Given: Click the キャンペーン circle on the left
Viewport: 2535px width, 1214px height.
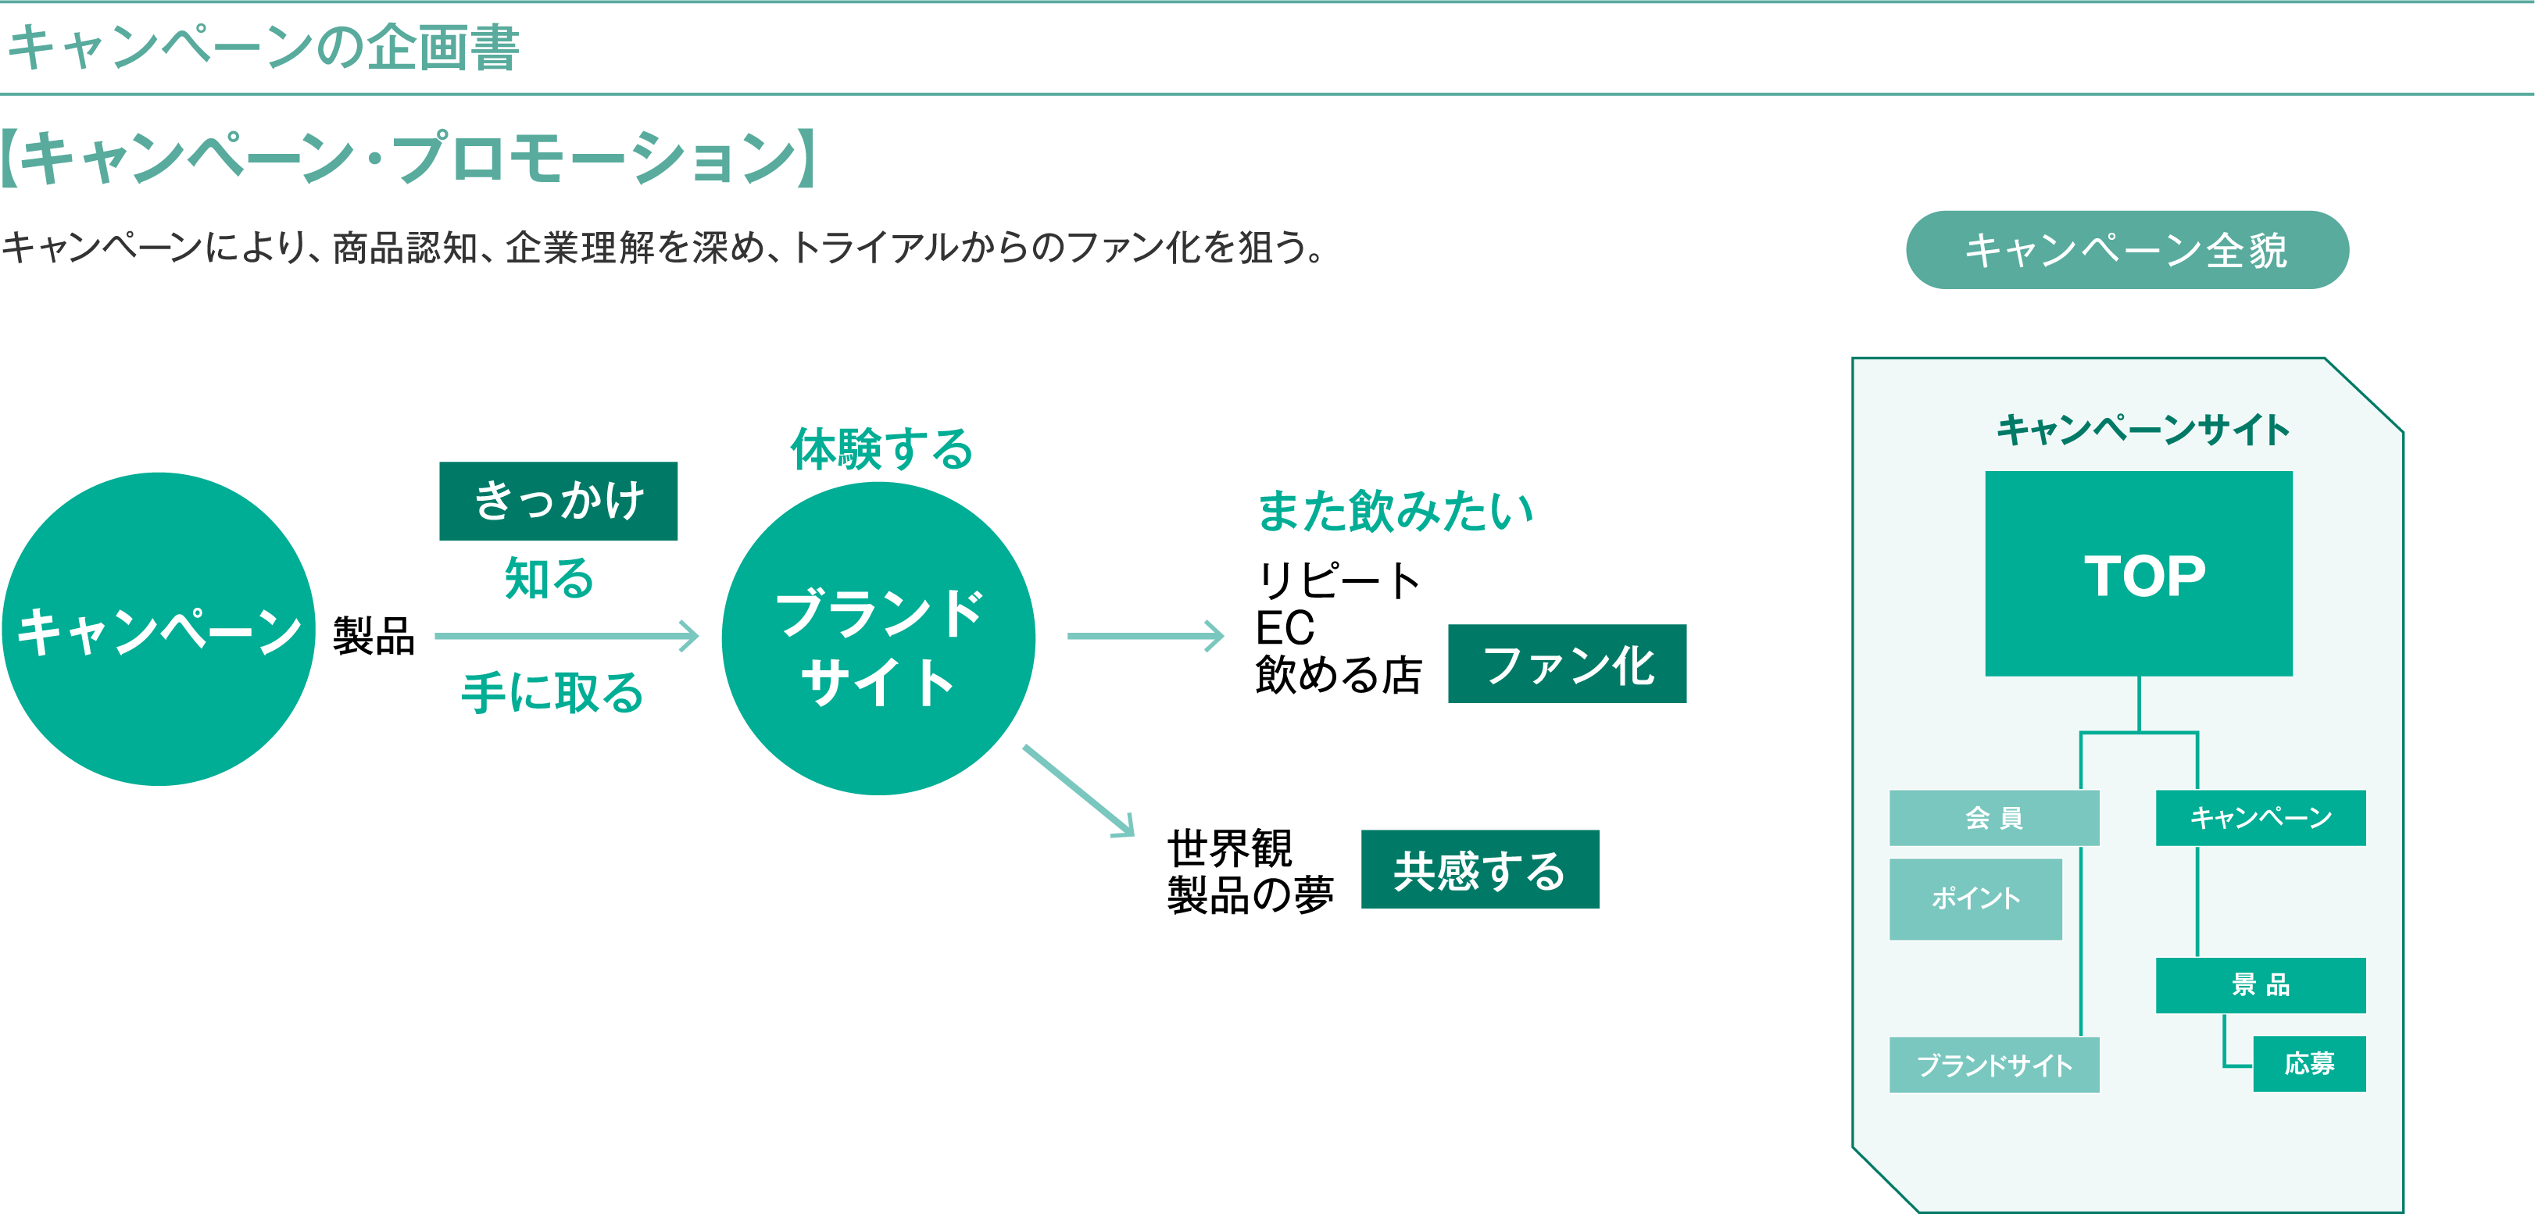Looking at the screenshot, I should [x=159, y=630].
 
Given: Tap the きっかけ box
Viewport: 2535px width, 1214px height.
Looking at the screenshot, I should [x=558, y=501].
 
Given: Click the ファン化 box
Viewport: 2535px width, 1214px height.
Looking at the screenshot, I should [x=1567, y=664].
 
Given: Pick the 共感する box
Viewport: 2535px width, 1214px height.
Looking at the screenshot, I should [x=1479, y=869].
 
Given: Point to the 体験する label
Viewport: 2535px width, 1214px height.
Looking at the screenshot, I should [x=881, y=450].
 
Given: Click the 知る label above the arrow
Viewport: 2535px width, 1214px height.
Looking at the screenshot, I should [x=549, y=577].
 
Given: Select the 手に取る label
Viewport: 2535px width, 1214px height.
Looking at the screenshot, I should [x=552, y=693].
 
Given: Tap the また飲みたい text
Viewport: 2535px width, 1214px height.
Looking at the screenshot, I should [x=1396, y=511].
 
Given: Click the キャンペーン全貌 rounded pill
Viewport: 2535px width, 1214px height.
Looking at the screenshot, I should [x=2126, y=250].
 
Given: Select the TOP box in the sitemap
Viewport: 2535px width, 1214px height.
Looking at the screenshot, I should [x=2138, y=573].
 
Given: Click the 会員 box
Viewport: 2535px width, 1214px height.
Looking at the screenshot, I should [x=1993, y=817].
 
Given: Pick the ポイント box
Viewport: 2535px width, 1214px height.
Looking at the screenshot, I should [x=1975, y=898].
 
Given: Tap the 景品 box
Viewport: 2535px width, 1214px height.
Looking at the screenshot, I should [x=2261, y=985].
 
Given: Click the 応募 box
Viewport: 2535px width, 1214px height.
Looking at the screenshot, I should [x=2308, y=1063].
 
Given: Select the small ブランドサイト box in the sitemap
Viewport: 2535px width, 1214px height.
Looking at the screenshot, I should [x=1993, y=1065].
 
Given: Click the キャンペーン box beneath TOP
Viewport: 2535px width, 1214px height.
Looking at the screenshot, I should [x=2261, y=817].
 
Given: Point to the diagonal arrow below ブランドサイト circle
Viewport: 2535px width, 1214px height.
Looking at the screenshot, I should [x=1078, y=791].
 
